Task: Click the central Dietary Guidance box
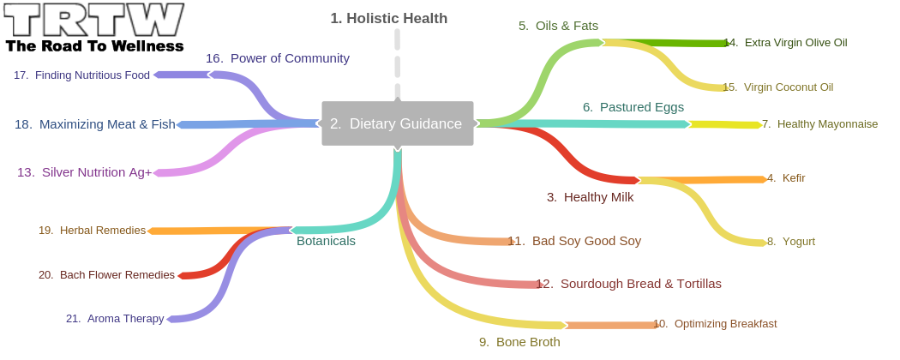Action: [x=397, y=123]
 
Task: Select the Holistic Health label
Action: [x=388, y=18]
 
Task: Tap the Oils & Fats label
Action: [x=558, y=26]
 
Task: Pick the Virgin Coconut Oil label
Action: [x=777, y=87]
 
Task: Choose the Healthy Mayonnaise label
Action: [x=819, y=124]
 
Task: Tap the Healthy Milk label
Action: [x=590, y=197]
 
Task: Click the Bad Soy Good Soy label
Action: [x=574, y=241]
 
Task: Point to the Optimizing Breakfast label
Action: [x=715, y=324]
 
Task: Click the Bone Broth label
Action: [x=519, y=342]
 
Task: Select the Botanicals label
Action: [x=326, y=241]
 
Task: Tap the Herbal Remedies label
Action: [x=92, y=231]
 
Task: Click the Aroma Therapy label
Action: [x=115, y=319]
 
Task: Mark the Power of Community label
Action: [x=277, y=58]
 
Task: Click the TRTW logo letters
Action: [x=94, y=20]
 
